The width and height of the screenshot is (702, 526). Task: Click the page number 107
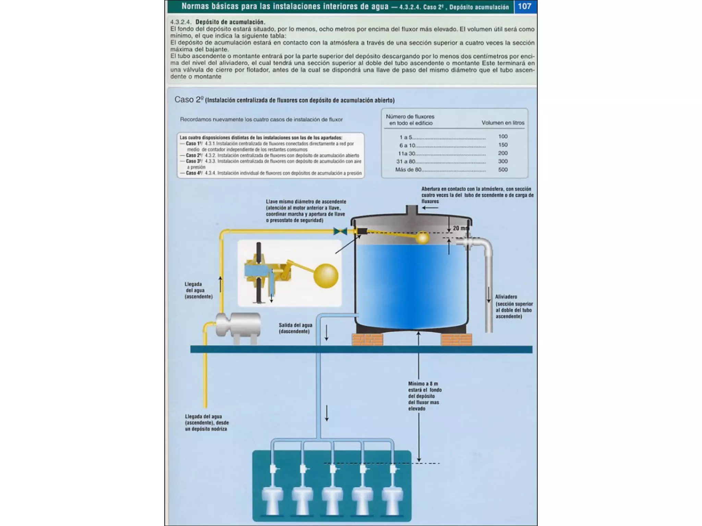524,7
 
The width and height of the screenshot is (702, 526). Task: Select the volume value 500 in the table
503,170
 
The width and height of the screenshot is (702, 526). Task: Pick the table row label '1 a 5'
406,137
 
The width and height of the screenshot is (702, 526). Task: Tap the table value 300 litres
503,161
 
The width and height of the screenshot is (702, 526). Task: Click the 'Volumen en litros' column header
503,123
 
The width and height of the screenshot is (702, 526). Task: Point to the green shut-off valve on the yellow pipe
340,231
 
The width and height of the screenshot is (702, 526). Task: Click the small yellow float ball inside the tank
423,237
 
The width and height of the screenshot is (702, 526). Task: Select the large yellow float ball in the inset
326,276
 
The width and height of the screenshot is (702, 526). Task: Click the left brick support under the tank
367,339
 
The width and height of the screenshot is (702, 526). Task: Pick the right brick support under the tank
456,339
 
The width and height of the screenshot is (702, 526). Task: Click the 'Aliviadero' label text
506,297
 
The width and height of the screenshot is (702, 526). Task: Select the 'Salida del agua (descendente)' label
295,328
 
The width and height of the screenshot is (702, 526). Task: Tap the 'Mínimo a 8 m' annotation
423,384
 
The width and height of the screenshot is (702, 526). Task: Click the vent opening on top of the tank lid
412,210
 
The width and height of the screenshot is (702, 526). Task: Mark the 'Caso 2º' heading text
189,100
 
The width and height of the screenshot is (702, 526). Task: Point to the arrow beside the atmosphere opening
430,208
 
